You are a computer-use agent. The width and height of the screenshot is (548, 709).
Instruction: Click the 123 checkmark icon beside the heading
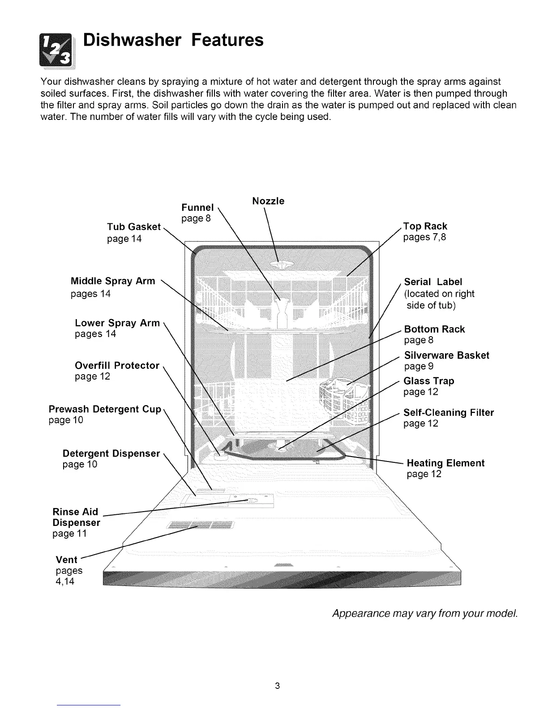[x=58, y=49]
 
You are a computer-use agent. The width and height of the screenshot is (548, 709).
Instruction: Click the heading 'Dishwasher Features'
[x=174, y=40]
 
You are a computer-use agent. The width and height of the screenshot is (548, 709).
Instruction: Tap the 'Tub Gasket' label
[x=133, y=227]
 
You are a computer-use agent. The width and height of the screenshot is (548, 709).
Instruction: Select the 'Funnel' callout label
[x=197, y=208]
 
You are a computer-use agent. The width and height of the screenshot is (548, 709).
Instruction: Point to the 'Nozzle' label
[x=268, y=201]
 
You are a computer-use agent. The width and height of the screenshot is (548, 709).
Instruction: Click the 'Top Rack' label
[x=425, y=226]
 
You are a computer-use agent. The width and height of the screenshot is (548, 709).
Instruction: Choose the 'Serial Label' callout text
[x=433, y=282]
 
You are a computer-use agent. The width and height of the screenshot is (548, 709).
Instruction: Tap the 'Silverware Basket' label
[x=446, y=355]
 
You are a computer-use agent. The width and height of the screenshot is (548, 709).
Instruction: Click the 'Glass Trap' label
[x=429, y=381]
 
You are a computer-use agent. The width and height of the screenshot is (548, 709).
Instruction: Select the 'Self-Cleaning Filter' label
[x=449, y=413]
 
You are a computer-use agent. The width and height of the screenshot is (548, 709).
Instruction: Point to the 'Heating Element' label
[x=445, y=463]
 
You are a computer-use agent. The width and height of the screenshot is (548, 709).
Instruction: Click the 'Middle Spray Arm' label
[x=113, y=281]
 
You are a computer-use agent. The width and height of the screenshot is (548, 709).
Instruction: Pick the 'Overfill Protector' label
[x=117, y=366]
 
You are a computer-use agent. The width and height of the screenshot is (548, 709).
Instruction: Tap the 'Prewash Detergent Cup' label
[x=105, y=410]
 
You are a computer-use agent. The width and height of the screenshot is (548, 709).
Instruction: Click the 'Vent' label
[x=66, y=560]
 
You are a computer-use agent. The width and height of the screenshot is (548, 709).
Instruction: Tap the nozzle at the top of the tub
[x=278, y=265]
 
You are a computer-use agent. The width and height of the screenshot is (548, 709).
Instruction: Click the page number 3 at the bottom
[x=278, y=685]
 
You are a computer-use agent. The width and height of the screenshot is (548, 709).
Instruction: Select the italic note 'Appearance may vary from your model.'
[x=425, y=613]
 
